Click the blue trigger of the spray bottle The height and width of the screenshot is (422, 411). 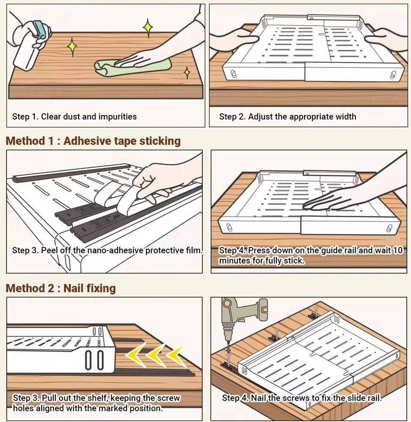pyautogui.click(x=41, y=29)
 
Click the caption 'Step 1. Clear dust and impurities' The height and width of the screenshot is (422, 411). pyautogui.click(x=74, y=117)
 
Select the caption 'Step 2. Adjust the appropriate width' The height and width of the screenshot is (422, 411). pyautogui.click(x=287, y=117)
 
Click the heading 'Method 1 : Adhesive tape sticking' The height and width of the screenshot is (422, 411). pyautogui.click(x=93, y=141)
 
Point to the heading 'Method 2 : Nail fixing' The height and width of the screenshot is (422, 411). pyautogui.click(x=61, y=288)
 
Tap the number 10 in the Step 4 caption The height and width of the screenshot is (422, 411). pyautogui.click(x=398, y=250)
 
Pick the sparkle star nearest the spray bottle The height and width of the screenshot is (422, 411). pyautogui.click(x=72, y=47)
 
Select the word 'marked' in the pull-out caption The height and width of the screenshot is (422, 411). pyautogui.click(x=113, y=408)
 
